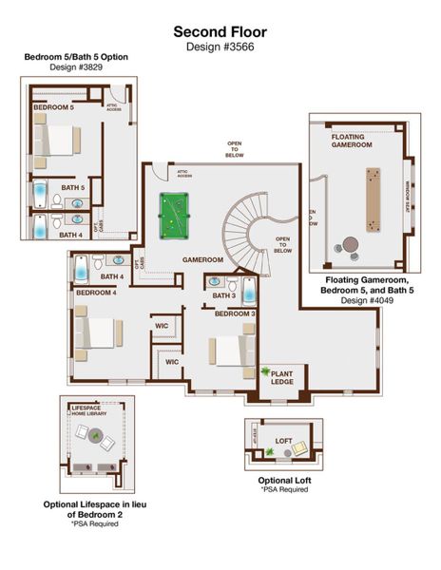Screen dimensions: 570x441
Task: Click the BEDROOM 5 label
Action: (x=53, y=108)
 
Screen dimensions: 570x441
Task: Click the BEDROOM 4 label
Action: (x=96, y=294)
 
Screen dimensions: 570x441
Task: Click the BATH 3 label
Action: (x=224, y=296)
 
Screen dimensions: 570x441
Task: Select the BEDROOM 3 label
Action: (x=235, y=313)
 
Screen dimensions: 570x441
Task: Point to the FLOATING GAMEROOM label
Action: (x=353, y=142)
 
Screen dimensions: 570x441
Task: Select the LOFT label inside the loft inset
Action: (x=283, y=442)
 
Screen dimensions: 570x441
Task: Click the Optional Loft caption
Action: (x=284, y=480)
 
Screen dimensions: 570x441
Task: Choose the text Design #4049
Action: (x=366, y=299)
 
